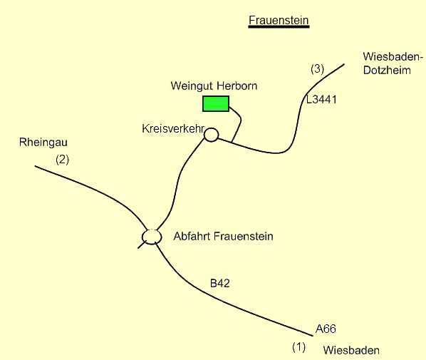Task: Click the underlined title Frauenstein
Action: click(x=279, y=20)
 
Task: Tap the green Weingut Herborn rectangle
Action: click(x=216, y=103)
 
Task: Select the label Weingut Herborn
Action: click(x=214, y=86)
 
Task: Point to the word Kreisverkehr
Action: click(x=173, y=128)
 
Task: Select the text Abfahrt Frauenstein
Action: click(x=223, y=236)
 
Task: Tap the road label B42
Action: click(x=220, y=284)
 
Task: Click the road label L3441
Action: click(x=321, y=100)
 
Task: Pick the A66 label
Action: click(x=326, y=329)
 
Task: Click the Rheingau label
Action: click(x=43, y=143)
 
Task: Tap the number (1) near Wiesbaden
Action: click(x=299, y=347)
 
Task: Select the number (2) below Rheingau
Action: click(x=62, y=160)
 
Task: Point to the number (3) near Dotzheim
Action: click(x=317, y=68)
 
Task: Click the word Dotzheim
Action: click(x=387, y=70)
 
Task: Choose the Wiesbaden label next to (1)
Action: click(x=351, y=350)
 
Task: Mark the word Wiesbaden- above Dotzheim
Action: click(x=393, y=57)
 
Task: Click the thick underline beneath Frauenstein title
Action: click(x=279, y=26)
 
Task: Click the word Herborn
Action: click(x=237, y=86)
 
